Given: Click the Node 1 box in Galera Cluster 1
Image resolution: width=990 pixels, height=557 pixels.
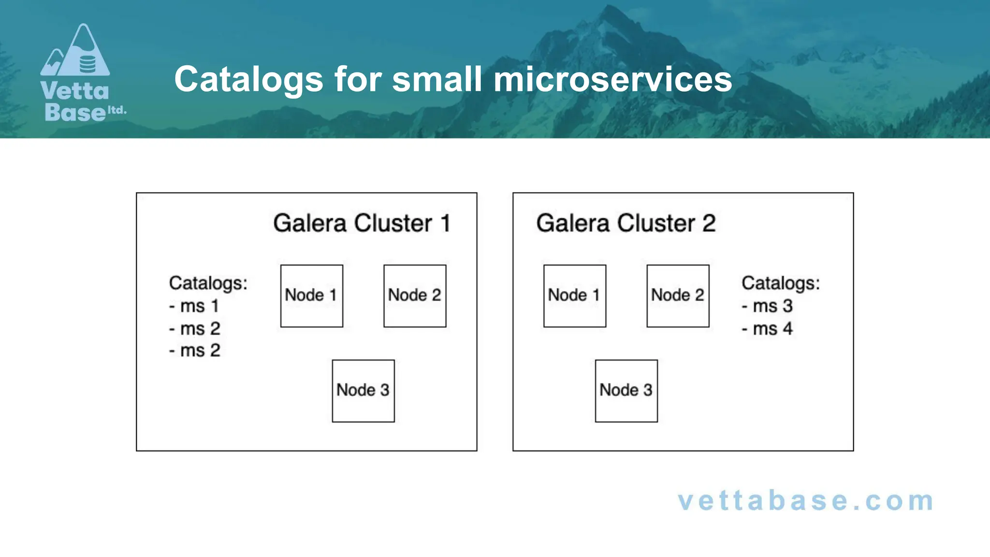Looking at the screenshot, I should (x=311, y=295).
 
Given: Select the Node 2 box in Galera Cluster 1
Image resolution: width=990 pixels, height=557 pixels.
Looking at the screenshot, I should (x=415, y=295).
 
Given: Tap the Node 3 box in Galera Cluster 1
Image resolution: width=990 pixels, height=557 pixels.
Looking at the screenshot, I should (x=363, y=391).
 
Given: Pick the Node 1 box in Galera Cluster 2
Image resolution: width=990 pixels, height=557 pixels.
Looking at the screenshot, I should (x=574, y=295).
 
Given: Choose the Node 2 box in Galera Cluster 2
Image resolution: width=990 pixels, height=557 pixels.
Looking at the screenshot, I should (x=678, y=295).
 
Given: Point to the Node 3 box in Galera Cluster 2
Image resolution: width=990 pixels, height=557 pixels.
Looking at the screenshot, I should (x=626, y=391).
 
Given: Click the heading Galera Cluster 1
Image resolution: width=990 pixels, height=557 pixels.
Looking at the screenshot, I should (x=362, y=223).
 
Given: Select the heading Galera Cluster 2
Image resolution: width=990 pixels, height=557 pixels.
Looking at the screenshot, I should (x=626, y=223).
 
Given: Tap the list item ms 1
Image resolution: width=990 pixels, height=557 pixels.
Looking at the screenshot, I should (x=194, y=306).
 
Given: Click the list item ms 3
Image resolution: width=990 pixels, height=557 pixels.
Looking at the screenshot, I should (x=768, y=306).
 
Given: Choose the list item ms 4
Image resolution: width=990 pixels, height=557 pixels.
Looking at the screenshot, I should (x=768, y=329).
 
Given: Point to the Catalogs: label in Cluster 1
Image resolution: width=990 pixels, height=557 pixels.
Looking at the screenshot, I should (x=208, y=283).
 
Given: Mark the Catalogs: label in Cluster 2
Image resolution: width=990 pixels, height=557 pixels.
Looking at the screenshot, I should (x=781, y=283).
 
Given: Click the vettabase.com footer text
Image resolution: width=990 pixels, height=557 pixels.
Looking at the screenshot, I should (x=805, y=501).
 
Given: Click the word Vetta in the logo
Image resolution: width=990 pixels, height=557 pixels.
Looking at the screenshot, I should (x=74, y=91).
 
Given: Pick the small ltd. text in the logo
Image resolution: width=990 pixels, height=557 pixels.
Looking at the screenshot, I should (x=116, y=110).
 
